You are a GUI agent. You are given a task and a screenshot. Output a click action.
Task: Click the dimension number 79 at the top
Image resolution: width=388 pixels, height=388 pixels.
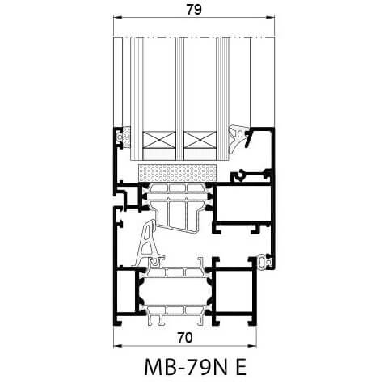coord(193,10)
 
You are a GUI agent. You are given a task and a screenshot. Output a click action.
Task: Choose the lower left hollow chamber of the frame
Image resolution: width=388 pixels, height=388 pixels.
coord(127,294)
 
